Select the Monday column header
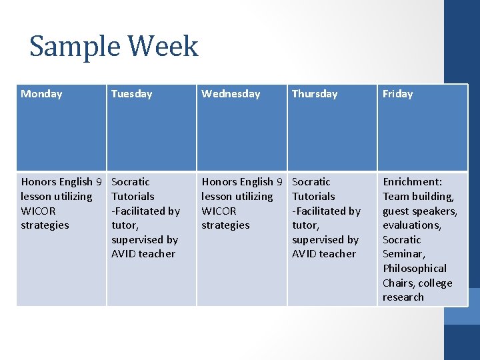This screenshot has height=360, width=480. coord(41,94)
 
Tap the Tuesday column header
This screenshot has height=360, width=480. coord(131,94)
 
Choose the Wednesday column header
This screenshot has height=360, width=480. coord(231,94)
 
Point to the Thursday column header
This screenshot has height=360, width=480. coord(315,94)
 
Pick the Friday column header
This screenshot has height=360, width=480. coord(397,94)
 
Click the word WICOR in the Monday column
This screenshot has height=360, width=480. coord(38,211)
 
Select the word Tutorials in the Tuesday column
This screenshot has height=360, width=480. coord(133,197)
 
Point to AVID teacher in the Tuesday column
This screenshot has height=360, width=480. coord(143,254)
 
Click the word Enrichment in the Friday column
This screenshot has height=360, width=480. coord(411,182)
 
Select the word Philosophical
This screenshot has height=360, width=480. coord(414,269)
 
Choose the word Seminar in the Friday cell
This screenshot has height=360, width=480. coord(403,254)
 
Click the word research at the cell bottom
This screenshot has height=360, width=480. coord(403,297)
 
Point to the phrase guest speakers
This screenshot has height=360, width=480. coord(419,211)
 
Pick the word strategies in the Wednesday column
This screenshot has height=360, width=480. coord(225,225)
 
